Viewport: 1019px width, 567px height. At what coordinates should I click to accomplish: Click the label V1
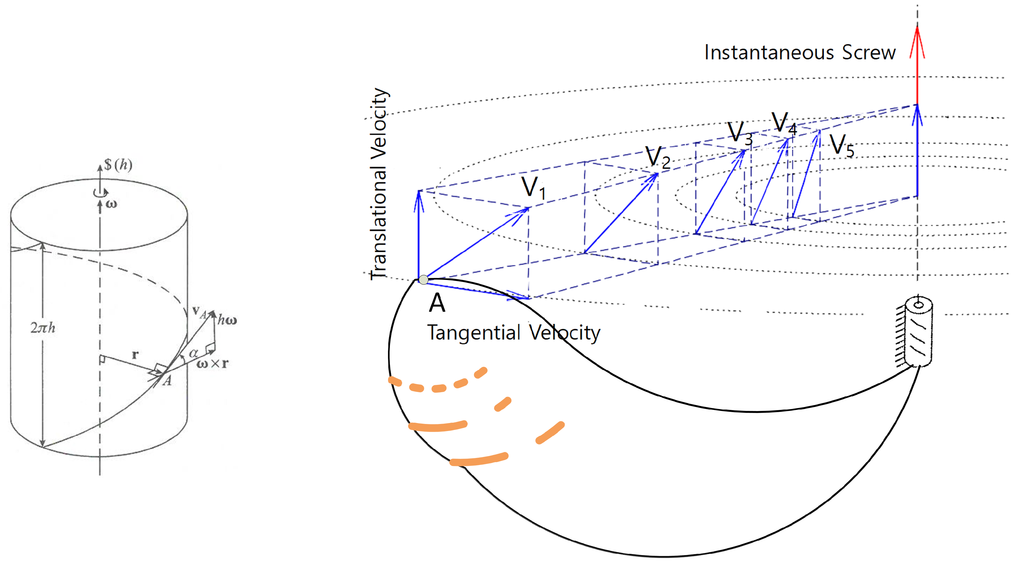[x=533, y=188]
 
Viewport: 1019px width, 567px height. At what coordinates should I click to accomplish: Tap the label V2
[x=657, y=157]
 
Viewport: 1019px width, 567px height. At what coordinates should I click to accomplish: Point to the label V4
[x=783, y=123]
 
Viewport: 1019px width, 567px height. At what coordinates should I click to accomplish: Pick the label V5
[x=841, y=145]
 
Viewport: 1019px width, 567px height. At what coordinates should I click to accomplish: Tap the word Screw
[x=869, y=53]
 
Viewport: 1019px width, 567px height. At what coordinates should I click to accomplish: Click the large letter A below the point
[x=437, y=303]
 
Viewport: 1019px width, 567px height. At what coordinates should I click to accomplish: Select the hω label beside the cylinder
[x=227, y=319]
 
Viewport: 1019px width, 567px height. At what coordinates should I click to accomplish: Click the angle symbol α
[x=193, y=353]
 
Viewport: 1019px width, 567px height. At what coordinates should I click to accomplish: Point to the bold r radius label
[x=135, y=354]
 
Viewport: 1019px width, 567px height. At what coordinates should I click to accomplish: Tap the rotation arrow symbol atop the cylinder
[x=101, y=192]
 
